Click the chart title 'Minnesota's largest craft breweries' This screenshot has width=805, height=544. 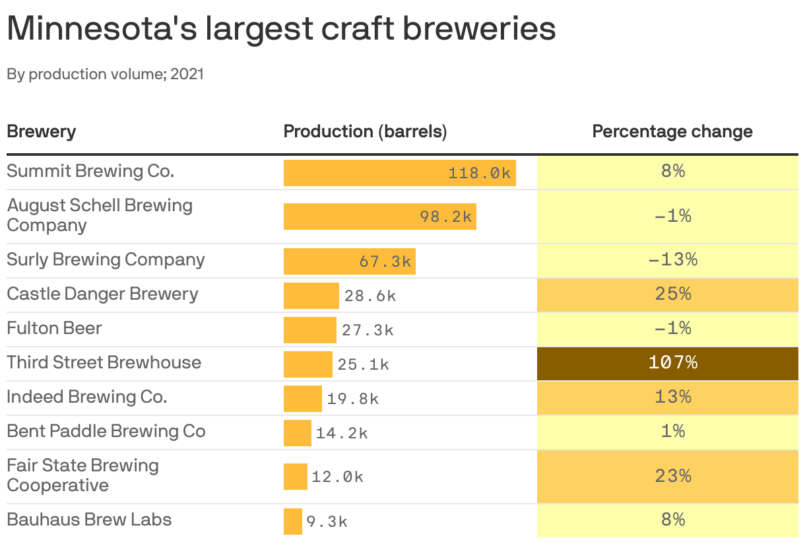pyautogui.click(x=280, y=28)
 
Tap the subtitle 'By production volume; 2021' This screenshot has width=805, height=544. pyautogui.click(x=106, y=74)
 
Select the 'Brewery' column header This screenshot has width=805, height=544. pyautogui.click(x=41, y=131)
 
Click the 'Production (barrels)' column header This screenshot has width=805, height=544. pyautogui.click(x=365, y=131)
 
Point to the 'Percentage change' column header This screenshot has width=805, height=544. pyautogui.click(x=672, y=131)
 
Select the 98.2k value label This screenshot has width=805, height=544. pyautogui.click(x=446, y=217)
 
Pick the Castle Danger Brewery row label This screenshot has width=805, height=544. pyautogui.click(x=102, y=294)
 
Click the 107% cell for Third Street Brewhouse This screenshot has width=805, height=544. pyautogui.click(x=672, y=362)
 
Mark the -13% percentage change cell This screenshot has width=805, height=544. pyautogui.click(x=672, y=259)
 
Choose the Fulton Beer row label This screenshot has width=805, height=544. pyautogui.click(x=54, y=328)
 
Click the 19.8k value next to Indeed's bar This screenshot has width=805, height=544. pyautogui.click(x=353, y=399)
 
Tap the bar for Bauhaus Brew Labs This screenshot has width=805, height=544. pyautogui.click(x=292, y=522)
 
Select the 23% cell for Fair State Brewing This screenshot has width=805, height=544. pyautogui.click(x=672, y=476)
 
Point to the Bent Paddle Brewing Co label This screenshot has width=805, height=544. pyautogui.click(x=106, y=431)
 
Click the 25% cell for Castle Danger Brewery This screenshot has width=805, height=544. pyautogui.click(x=672, y=294)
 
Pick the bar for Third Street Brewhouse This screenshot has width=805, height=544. pyautogui.click(x=307, y=364)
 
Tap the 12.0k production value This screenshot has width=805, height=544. pyautogui.click(x=337, y=477)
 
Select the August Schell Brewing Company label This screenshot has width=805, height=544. pyautogui.click(x=99, y=215)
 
